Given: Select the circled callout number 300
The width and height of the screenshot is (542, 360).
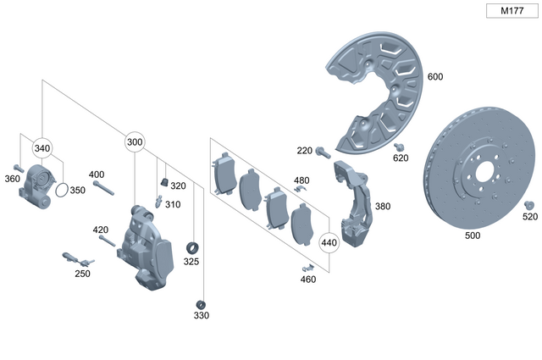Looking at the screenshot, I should (x=135, y=142).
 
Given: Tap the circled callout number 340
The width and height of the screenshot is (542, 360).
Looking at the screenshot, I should (x=42, y=149).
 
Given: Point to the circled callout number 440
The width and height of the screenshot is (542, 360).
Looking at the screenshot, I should (x=329, y=243).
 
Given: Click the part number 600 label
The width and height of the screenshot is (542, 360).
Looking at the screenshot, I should (x=435, y=77).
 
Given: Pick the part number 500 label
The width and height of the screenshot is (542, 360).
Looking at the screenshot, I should (x=473, y=236).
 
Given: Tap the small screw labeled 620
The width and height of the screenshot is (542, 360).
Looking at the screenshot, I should (x=400, y=147).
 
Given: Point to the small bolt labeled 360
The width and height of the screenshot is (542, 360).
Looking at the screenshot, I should (x=18, y=167).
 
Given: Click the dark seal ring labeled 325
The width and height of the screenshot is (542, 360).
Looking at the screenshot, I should (x=192, y=247).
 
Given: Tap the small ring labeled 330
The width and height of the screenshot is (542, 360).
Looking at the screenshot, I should (x=201, y=303).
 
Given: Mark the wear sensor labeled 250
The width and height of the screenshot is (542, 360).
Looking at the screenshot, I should (x=78, y=260).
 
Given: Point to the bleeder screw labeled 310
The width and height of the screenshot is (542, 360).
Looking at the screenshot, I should (x=158, y=202).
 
